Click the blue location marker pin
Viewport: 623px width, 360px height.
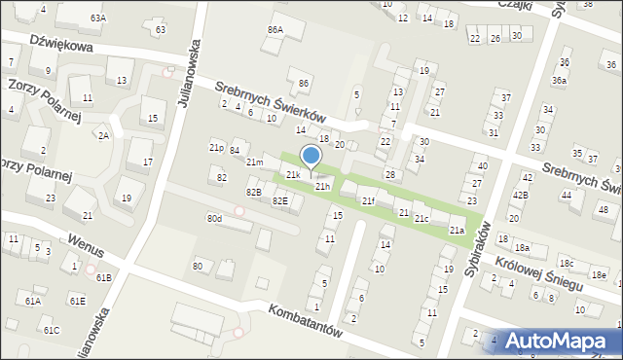tap(311, 159)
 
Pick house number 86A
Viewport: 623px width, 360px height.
tap(275, 30)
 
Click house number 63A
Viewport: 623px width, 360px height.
tap(98, 18)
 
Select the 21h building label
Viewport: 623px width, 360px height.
tap(322, 186)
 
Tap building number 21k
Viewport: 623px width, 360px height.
tap(293, 174)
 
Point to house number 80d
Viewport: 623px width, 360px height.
tap(214, 218)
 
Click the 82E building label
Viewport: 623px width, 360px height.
tap(279, 200)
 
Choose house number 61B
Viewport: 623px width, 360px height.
tap(104, 277)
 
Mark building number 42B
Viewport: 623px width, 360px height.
tap(521, 195)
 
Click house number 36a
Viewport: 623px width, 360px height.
tap(559, 80)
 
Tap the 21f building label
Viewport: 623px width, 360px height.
tap(368, 200)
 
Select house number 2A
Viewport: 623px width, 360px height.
tap(102, 136)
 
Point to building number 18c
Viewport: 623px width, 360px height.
tap(566, 264)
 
